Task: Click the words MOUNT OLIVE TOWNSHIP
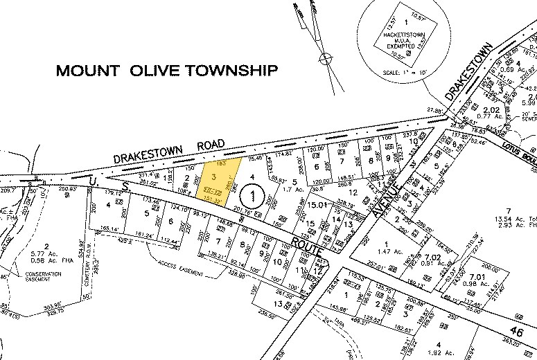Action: pos(167,71)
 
